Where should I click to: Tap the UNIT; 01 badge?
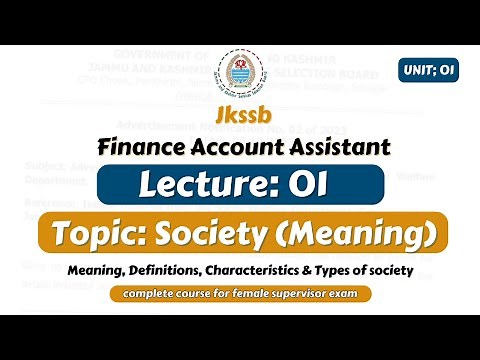428,71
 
